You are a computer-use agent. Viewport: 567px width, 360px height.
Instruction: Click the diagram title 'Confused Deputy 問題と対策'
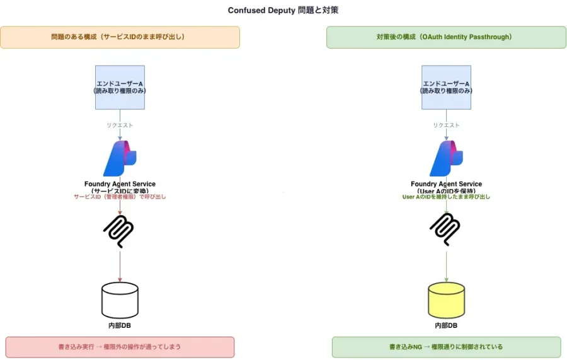(283, 10)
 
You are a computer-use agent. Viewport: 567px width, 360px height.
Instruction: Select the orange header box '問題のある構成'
(120, 37)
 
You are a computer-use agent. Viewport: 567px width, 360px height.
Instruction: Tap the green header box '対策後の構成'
(446, 37)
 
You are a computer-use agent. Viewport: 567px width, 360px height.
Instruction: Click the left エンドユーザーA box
(120, 87)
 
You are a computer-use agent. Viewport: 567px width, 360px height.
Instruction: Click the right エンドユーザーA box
(446, 87)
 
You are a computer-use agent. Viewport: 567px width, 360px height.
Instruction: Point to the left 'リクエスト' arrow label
(120, 125)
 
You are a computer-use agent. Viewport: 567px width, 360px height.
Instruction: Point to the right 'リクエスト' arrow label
(446, 125)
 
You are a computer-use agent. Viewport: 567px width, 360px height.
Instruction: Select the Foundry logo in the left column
(120, 158)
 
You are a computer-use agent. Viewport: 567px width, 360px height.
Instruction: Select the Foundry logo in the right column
(446, 158)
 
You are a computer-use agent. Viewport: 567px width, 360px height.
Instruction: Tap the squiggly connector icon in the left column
(120, 229)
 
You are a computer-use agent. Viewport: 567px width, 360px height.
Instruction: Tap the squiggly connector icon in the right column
(446, 229)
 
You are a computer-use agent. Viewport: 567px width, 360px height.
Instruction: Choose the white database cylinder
(120, 299)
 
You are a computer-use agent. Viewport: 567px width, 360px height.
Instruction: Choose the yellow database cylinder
(446, 299)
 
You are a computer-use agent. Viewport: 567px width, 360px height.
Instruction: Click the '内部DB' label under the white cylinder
(120, 325)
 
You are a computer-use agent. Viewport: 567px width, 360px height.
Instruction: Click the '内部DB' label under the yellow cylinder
(446, 325)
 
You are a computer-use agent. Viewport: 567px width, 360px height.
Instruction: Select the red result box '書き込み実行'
(120, 347)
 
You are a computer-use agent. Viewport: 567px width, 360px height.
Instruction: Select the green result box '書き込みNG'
(446, 347)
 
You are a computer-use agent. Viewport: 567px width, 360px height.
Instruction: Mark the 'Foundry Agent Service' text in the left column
(120, 184)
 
